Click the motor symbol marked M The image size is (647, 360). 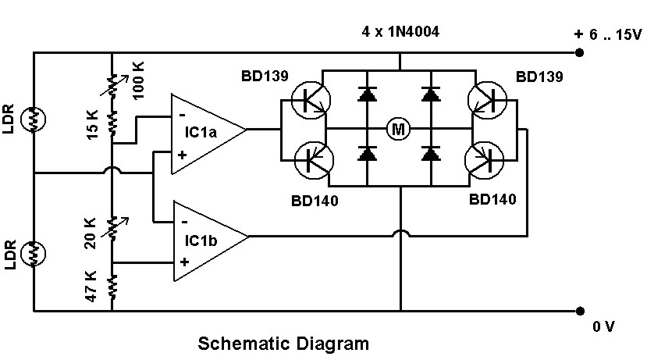398,129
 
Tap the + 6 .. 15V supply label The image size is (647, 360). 606,34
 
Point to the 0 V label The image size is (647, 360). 604,327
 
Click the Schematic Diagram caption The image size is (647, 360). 283,344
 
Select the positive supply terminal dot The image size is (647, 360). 580,53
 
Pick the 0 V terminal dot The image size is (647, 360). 580,310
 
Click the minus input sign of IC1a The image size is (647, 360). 182,115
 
